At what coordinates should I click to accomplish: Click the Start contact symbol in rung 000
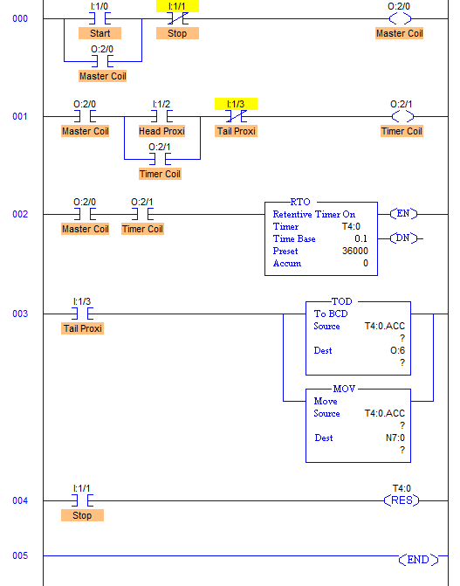100,18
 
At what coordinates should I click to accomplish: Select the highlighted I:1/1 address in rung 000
177,6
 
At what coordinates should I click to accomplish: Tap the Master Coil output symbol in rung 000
400,18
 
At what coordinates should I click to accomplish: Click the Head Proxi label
161,131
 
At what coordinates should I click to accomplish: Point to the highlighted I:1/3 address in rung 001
236,104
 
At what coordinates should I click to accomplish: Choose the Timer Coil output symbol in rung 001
402,117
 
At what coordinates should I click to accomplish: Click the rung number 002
20,214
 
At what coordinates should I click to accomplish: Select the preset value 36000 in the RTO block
355,251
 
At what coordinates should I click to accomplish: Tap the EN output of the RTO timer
403,214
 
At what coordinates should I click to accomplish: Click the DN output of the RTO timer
403,238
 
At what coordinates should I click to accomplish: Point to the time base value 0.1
360,238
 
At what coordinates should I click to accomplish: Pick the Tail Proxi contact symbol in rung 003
82,314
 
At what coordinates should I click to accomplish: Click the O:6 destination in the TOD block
398,350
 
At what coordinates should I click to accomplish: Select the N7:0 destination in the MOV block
395,438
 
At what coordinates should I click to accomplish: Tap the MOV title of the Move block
344,389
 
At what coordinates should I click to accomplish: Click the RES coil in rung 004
402,500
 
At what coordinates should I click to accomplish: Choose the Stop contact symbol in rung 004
82,500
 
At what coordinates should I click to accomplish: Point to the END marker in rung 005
418,560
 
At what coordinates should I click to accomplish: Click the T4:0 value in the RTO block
351,226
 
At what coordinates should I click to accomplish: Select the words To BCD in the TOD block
331,314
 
